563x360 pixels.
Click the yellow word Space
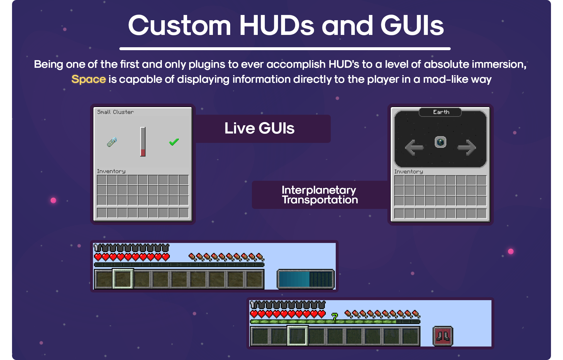pos(89,79)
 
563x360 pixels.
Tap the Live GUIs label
pos(260,128)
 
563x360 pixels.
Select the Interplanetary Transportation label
pos(320,195)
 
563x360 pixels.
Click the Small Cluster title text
pos(115,112)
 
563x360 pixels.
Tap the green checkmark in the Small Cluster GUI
pos(174,142)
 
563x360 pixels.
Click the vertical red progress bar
pos(143,142)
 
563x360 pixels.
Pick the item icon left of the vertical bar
pos(112,142)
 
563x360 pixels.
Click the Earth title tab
pos(440,112)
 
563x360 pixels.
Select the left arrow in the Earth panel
pos(414,147)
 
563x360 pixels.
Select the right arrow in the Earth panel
pos(467,147)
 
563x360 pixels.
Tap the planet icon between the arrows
pos(440,142)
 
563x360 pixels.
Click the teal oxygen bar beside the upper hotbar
pos(306,279)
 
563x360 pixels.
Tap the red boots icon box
pos(443,336)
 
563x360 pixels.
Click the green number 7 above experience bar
pos(335,316)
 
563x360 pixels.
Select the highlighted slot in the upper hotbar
pos(123,279)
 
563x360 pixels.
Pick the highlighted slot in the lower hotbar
pos(297,336)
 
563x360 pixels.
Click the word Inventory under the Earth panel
pos(408,172)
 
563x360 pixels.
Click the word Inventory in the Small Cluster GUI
pos(111,171)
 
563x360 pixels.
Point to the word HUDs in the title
pos(277,26)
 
